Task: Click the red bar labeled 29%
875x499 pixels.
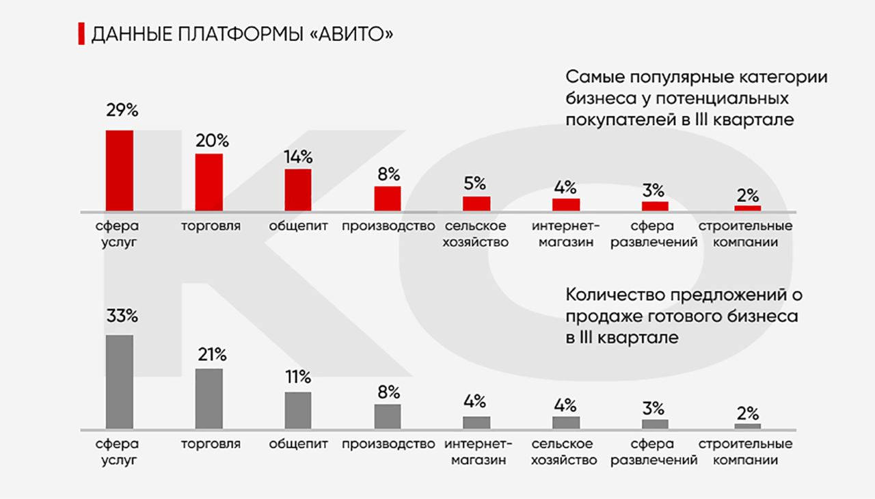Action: (119, 170)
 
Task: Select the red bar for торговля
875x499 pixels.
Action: (209, 182)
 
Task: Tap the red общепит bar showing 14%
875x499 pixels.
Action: (298, 190)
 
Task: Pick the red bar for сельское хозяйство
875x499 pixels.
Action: (476, 204)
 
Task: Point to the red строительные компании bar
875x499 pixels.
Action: (747, 208)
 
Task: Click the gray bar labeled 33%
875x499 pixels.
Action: (119, 381)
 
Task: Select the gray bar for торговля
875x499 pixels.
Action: (209, 399)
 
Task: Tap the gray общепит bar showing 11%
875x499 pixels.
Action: (298, 410)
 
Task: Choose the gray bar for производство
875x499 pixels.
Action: (388, 416)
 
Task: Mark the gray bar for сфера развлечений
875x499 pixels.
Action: (655, 424)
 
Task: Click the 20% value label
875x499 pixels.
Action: (211, 141)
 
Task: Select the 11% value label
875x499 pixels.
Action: (298, 377)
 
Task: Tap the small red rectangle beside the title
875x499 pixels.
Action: (81, 33)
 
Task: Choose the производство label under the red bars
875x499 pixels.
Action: (388, 226)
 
